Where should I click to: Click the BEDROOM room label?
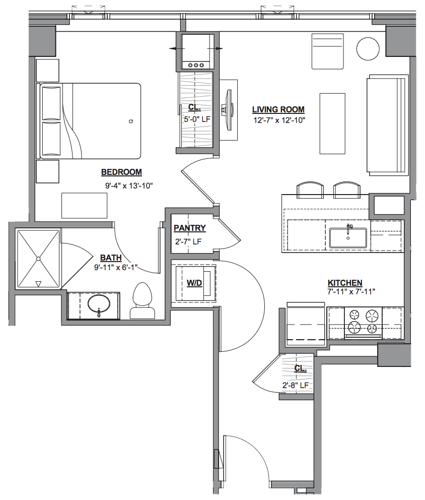pyautogui.click(x=121, y=172)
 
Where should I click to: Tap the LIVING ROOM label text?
pyautogui.click(x=278, y=109)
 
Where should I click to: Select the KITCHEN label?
pyautogui.click(x=345, y=283)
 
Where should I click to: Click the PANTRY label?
pyautogui.click(x=189, y=228)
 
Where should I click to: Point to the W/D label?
pyautogui.click(x=194, y=283)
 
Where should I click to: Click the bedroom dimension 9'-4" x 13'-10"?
pyautogui.click(x=129, y=185)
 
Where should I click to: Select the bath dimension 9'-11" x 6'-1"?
pyautogui.click(x=116, y=267)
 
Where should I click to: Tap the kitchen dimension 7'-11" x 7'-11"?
pyautogui.click(x=351, y=291)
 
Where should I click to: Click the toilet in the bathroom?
pyautogui.click(x=143, y=300)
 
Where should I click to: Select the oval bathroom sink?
pyautogui.click(x=99, y=305)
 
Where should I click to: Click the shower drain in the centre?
pyautogui.click(x=38, y=259)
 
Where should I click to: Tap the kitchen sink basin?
pyautogui.click(x=348, y=237)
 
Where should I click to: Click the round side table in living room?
pyautogui.click(x=368, y=49)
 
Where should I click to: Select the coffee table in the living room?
pyautogui.click(x=332, y=123)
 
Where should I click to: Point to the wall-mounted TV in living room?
pyautogui.click(x=229, y=110)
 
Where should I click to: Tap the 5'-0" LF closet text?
pyautogui.click(x=197, y=119)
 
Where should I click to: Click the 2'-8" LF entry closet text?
pyautogui.click(x=296, y=385)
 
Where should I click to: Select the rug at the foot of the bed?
pyautogui.click(x=84, y=205)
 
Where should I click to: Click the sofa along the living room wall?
pyautogui.click(x=388, y=125)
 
